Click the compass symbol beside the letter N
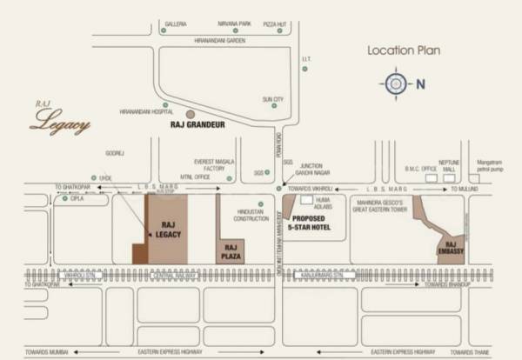click(396, 83)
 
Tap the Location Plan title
click(404, 50)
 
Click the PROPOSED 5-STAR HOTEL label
click(311, 223)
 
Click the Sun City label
click(273, 100)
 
